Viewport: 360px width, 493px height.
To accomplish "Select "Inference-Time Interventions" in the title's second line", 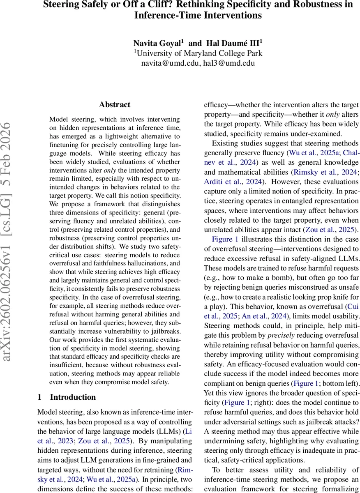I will (x=198, y=16).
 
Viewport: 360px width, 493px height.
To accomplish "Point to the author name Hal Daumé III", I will (x=235, y=43).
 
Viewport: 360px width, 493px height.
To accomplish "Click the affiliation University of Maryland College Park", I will (x=198, y=53).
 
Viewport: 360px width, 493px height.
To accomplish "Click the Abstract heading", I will (x=115, y=105).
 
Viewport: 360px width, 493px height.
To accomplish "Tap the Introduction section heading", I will (x=73, y=397).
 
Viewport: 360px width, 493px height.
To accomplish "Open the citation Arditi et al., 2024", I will (x=233, y=181).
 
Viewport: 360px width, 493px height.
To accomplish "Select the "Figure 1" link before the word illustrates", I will (x=225, y=239).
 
